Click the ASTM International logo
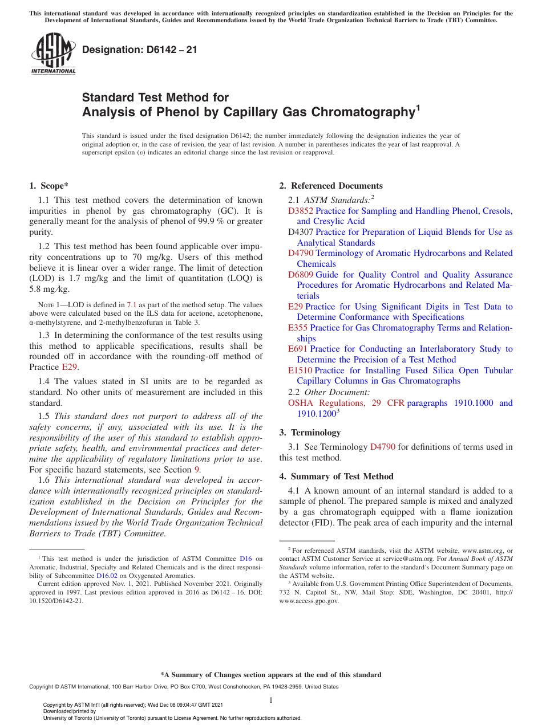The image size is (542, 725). click(53, 54)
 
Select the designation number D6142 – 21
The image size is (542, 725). click(139, 50)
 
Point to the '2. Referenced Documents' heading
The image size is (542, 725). click(331, 186)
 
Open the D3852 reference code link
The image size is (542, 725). click(301, 211)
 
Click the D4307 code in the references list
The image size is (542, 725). click(301, 232)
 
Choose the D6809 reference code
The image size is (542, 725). click(301, 275)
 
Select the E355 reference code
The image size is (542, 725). click(298, 328)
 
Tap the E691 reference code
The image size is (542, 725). click(298, 349)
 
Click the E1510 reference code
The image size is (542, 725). click(300, 370)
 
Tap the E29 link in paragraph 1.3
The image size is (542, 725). click(69, 367)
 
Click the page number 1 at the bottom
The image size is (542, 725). click(271, 700)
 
